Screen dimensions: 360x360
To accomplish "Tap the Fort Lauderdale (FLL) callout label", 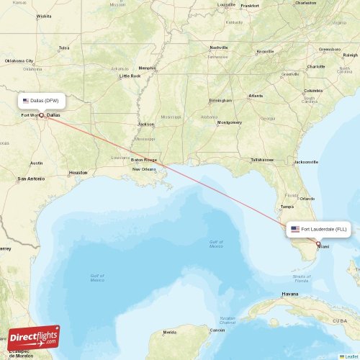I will [318, 229].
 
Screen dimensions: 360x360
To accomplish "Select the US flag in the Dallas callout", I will [26, 101].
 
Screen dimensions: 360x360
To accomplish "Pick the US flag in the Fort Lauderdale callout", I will [295, 229].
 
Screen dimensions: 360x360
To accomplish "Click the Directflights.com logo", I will [35, 337].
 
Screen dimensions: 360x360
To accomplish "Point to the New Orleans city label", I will [144, 169].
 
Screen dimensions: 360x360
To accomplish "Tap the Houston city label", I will [78, 173].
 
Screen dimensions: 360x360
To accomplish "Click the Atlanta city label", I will [256, 96].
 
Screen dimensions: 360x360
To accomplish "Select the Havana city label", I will [290, 294].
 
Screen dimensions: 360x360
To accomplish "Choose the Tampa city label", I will [287, 207].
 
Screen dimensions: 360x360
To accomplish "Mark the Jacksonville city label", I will [306, 162].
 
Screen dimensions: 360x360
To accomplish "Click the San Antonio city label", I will [32, 179].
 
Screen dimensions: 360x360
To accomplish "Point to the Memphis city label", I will [147, 68].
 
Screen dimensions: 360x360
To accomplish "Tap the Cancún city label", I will [217, 330].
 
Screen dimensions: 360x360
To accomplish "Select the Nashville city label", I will [218, 48].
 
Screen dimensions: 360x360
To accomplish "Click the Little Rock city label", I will [130, 76].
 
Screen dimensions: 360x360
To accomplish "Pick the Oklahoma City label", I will [19, 61].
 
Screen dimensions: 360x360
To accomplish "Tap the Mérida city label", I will [170, 332].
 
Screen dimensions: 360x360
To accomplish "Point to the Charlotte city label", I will [315, 66].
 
